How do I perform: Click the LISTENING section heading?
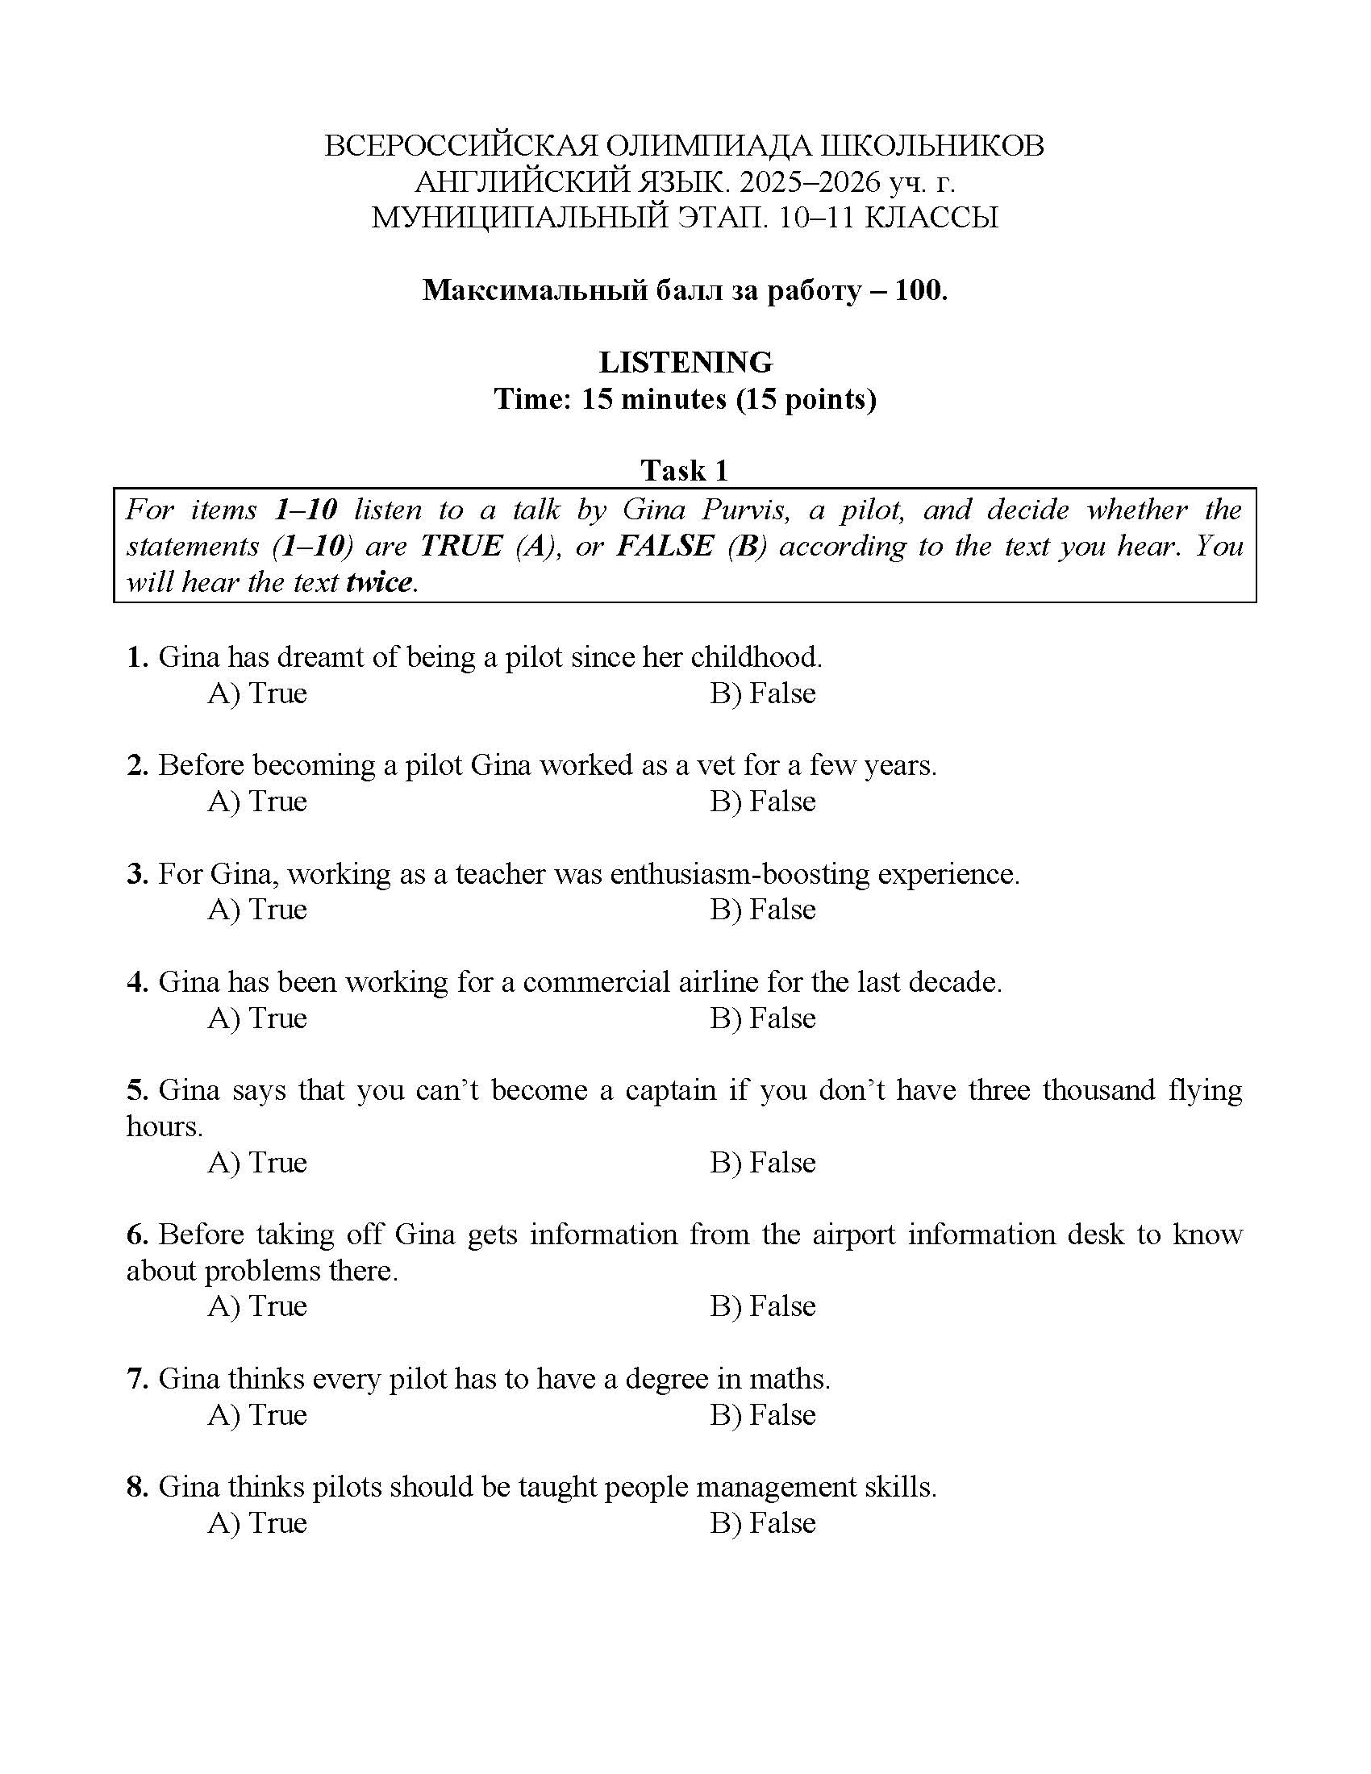685,361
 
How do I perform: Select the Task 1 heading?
685,470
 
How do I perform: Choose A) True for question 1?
257,693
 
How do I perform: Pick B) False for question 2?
763,801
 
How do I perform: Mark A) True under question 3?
257,909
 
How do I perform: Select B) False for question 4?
763,1018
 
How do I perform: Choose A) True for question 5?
257,1162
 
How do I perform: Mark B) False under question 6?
763,1306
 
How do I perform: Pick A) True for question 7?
257,1415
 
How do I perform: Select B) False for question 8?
763,1523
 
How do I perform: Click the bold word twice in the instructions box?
378,582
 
